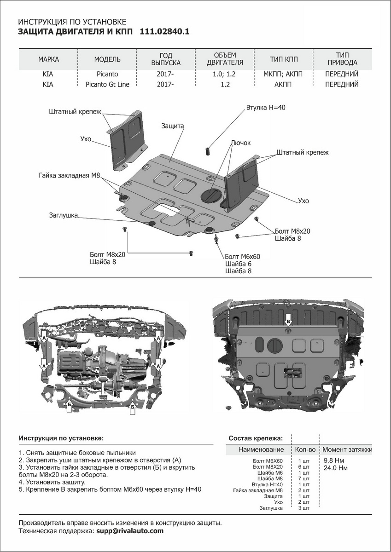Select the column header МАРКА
(48, 59)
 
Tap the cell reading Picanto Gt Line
(107, 84)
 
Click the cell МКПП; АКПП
(284, 74)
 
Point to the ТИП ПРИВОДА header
(341, 59)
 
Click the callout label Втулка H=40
(266, 107)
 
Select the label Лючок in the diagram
(241, 143)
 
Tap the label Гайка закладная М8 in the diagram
(70, 176)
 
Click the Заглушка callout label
(64, 215)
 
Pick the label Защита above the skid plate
(173, 126)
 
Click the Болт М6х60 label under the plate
(243, 257)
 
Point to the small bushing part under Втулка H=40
(208, 150)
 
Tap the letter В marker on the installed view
(288, 321)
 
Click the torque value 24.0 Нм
(336, 468)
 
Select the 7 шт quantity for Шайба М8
(303, 479)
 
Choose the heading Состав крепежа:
(256, 438)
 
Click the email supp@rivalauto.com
(129, 531)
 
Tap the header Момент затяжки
(347, 449)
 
